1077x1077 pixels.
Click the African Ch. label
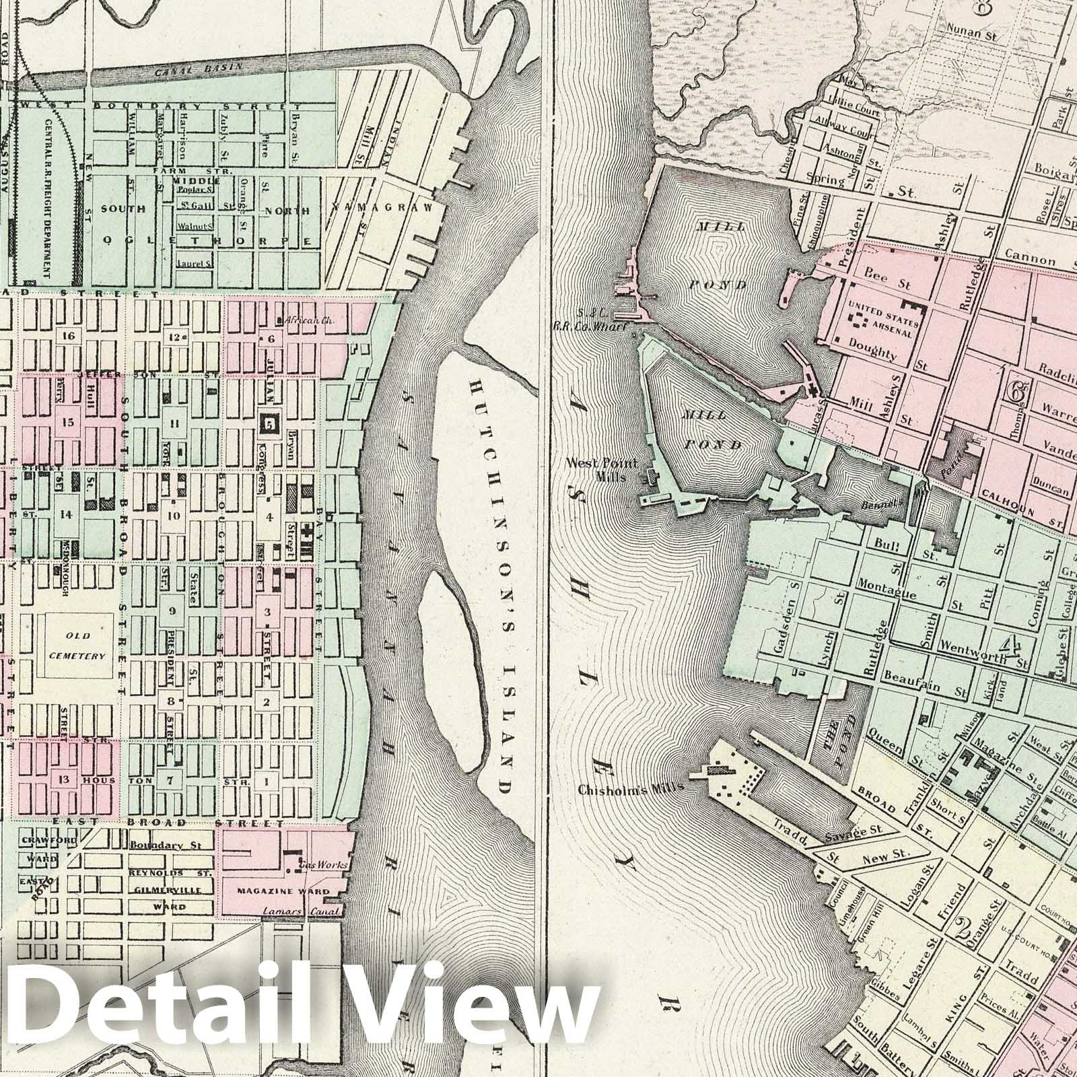point(304,320)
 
